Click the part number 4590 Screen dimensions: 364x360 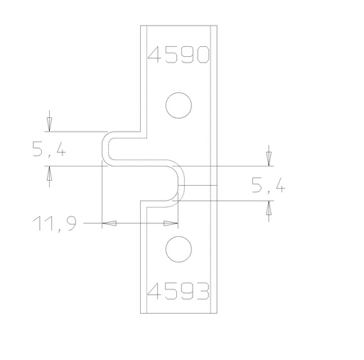pyautogui.click(x=178, y=55)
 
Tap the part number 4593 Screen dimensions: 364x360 pyautogui.click(x=178, y=291)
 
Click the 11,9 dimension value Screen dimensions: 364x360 pyautogui.click(x=55, y=223)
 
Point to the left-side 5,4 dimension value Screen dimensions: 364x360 pyautogui.click(x=49, y=149)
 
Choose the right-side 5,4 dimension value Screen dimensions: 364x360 pyautogui.click(x=269, y=184)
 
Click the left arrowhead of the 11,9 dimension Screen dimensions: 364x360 pyautogui.click(x=109, y=223)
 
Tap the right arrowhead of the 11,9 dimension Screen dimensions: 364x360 pyautogui.click(x=171, y=223)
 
